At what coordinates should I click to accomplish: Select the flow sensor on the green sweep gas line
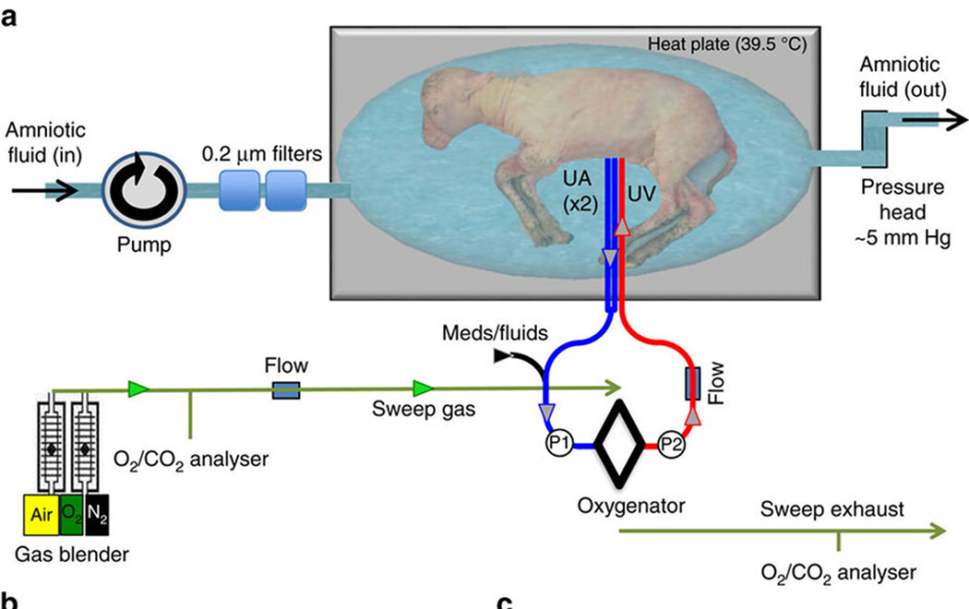point(286,391)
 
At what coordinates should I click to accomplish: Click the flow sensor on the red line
point(690,384)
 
